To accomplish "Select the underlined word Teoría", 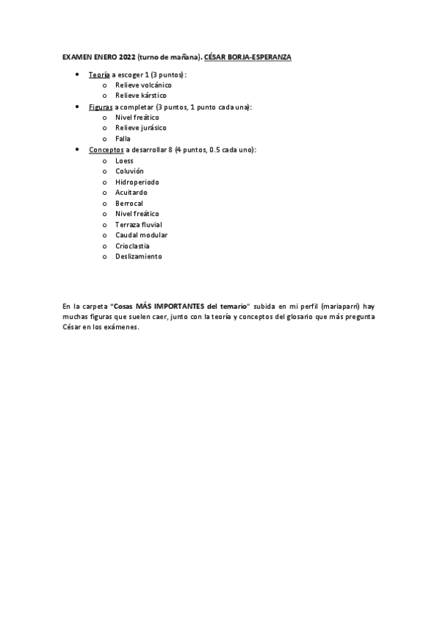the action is tap(99, 74).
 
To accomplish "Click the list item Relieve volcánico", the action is tap(143, 85).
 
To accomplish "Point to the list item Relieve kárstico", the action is tap(141, 96).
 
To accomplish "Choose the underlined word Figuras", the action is tap(101, 107).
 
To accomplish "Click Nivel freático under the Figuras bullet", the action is tap(137, 117).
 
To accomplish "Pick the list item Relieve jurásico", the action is tap(139, 128).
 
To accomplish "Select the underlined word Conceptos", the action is tap(107, 149).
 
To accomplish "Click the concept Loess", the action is tap(125, 161).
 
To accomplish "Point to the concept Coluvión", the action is tap(129, 171).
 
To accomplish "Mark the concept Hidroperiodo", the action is tap(137, 182).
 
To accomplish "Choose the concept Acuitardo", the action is tap(131, 192).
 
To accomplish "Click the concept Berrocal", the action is tap(129, 203).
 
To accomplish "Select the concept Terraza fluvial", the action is tap(139, 224).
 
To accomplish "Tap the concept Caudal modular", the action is tap(142, 235).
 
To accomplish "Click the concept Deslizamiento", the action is tap(139, 256).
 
